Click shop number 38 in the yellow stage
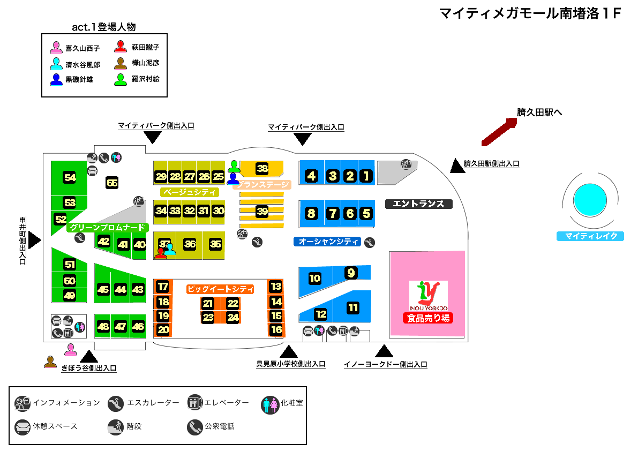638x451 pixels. coord(262,169)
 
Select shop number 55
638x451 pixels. coord(112,183)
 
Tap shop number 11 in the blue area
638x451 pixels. coord(353,308)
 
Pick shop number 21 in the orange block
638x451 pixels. coord(208,304)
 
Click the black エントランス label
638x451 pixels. coord(419,204)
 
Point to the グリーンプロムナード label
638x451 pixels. coord(108,228)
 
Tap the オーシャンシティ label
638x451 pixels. coord(328,242)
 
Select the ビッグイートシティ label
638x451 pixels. coord(220,289)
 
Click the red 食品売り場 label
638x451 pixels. coord(429,318)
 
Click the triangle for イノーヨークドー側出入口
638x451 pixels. coord(384,351)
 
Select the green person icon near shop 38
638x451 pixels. coord(234,166)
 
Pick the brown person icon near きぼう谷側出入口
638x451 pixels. coord(50,362)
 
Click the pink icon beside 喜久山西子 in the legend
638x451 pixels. coord(56,48)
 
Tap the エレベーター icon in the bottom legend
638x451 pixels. coord(194,403)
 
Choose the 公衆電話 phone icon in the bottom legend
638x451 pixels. coord(194,427)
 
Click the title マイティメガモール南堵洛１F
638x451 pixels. coord(530,14)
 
